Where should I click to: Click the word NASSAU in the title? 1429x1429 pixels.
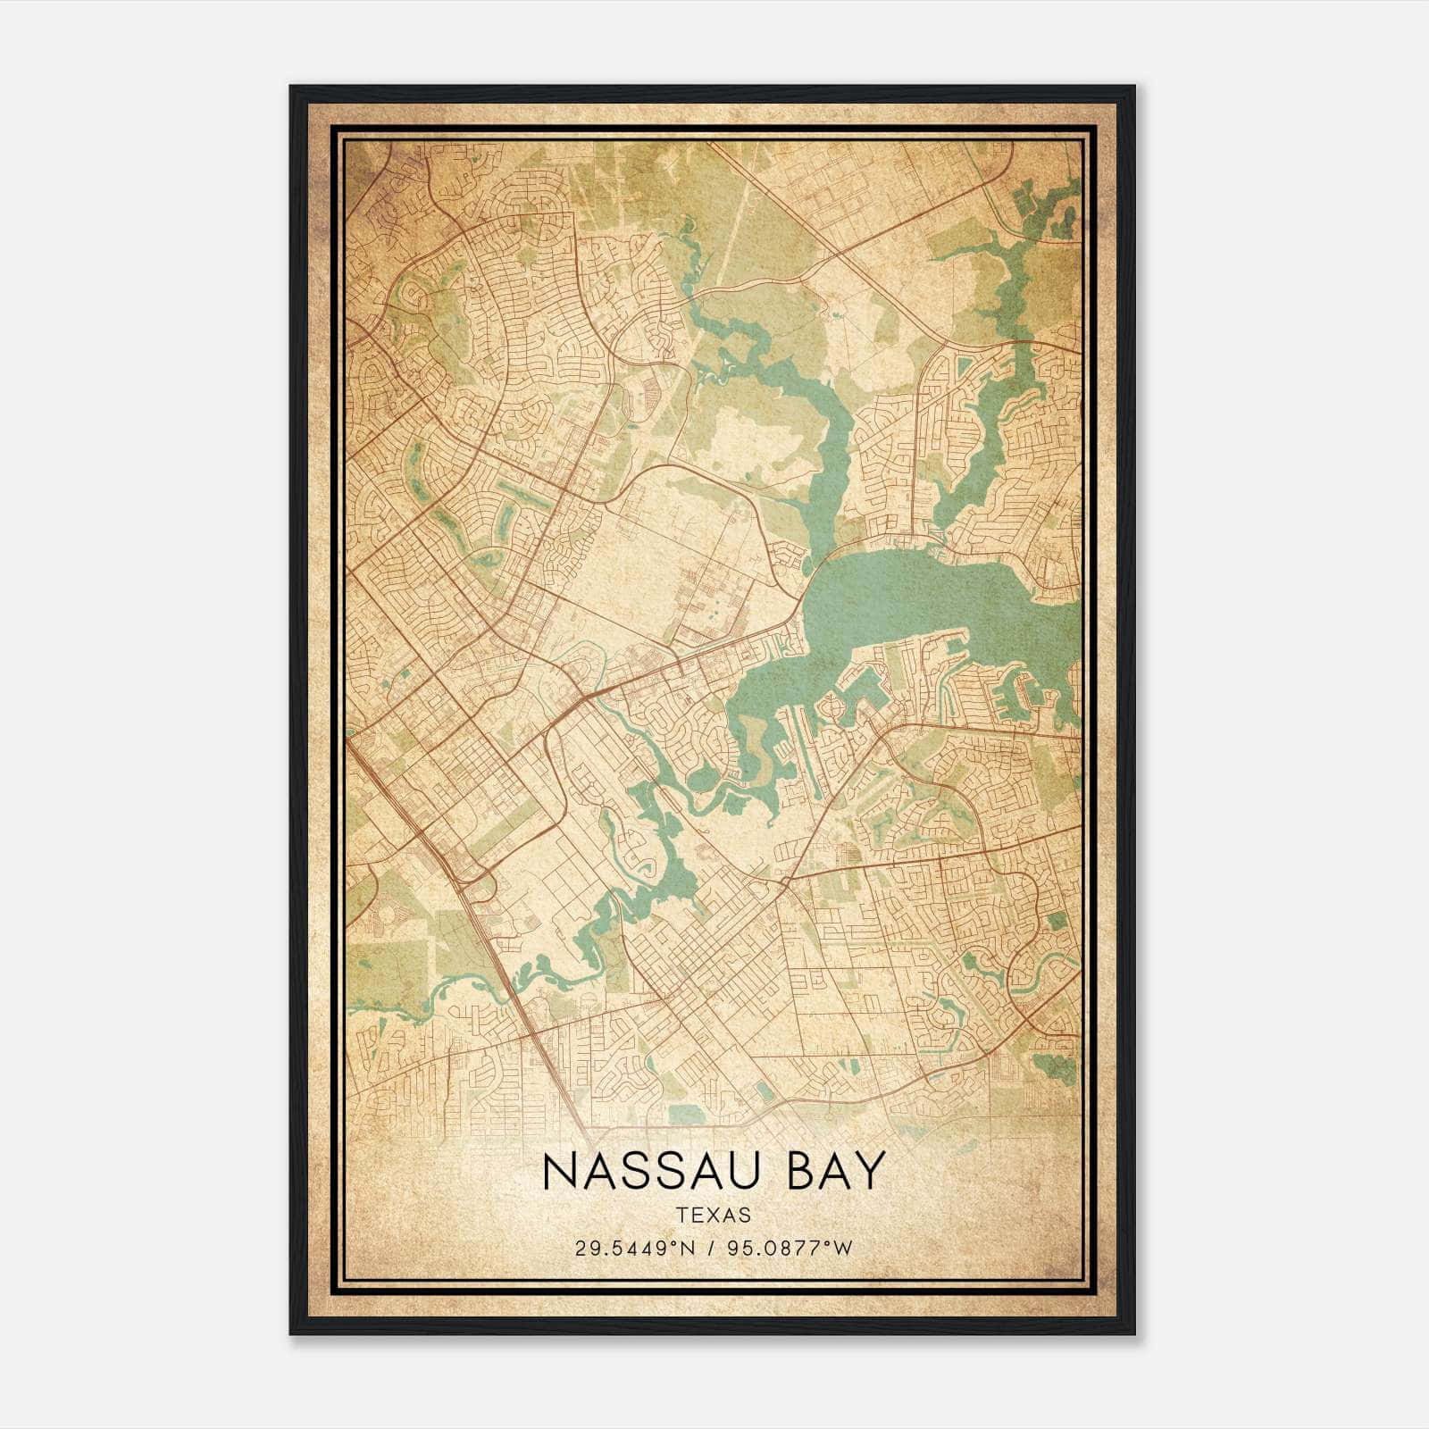click(656, 1171)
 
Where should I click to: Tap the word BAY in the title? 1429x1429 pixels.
click(836, 1171)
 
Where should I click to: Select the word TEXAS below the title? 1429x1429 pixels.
click(714, 1216)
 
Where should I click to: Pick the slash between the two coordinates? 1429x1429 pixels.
click(713, 1248)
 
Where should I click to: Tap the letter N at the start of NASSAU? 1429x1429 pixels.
click(559, 1171)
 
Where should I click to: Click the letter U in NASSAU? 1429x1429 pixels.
click(752, 1171)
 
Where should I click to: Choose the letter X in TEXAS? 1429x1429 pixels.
click(714, 1216)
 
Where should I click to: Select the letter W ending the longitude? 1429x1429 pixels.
click(844, 1248)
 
